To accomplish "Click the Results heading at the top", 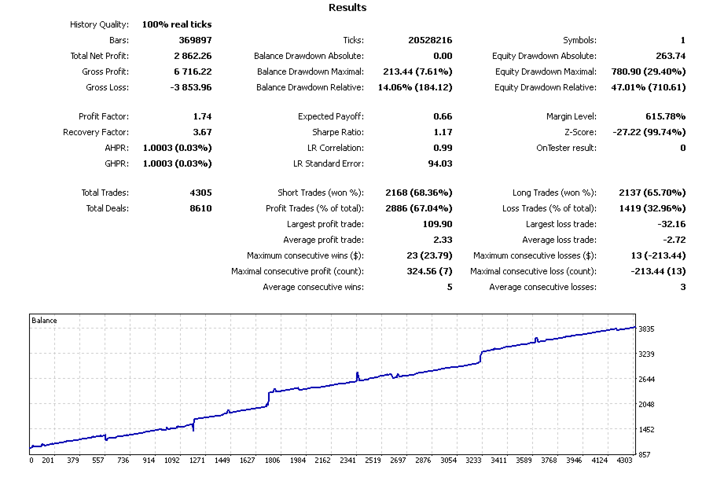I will coord(346,8).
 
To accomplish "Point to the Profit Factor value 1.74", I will coord(202,116).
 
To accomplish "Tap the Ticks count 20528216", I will coord(429,40).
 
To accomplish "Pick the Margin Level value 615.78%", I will coord(663,116).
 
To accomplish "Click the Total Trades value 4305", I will coord(200,193).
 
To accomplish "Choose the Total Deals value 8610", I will coord(200,208).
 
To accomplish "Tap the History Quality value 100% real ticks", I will coord(177,24).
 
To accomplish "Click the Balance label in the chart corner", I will coord(44,321).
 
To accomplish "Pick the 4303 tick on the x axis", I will coord(623,461).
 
